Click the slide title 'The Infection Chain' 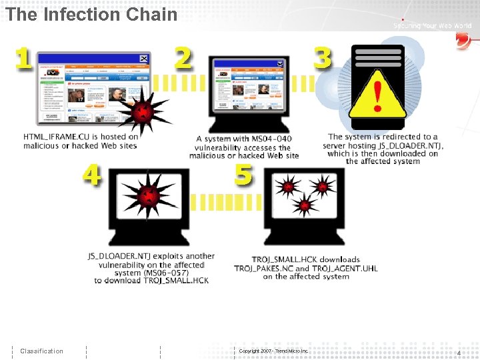[92, 14]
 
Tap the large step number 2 [183, 58]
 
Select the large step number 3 [322, 57]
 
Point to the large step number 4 [92, 175]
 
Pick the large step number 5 [244, 175]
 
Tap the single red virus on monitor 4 [148, 198]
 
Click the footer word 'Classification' [41, 351]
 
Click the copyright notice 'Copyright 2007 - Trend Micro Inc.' [273, 351]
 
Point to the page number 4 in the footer [459, 352]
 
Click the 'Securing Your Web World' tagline [432, 25]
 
